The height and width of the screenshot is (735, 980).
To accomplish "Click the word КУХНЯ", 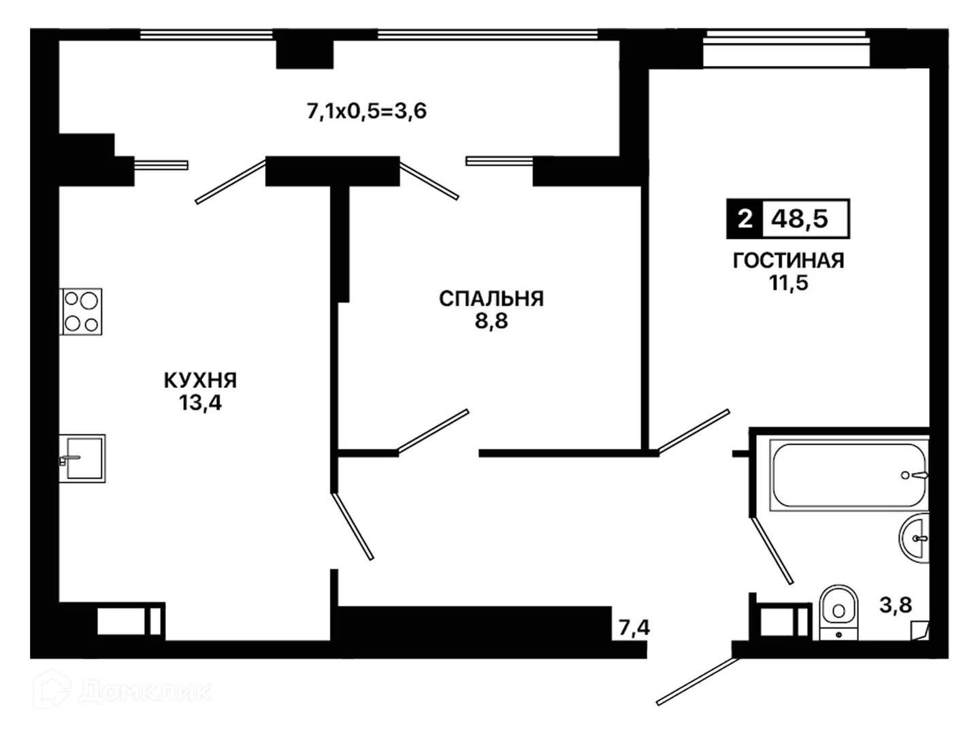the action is click(x=201, y=380).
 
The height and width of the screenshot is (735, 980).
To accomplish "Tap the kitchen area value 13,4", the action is click(x=201, y=403).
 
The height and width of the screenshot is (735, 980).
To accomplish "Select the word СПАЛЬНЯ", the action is click(x=491, y=299).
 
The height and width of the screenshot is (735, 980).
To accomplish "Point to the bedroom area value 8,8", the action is click(x=491, y=321).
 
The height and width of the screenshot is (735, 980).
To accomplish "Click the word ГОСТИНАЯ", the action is click(x=789, y=261).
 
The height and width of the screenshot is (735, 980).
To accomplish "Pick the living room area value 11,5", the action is click(x=789, y=283).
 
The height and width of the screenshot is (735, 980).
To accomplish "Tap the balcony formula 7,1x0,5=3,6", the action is click(x=367, y=111).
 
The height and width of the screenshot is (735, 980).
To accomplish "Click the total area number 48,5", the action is click(x=800, y=219).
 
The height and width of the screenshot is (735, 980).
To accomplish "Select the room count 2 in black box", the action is click(x=745, y=219).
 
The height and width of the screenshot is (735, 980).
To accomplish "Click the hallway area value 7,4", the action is click(x=634, y=627).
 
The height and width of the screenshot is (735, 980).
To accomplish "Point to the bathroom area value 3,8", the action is click(x=896, y=605).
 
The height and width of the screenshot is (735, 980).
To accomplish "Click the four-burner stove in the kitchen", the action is click(x=81, y=312).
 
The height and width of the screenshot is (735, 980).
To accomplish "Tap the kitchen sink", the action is click(x=82, y=458).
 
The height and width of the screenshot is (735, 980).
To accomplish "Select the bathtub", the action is click(x=849, y=475).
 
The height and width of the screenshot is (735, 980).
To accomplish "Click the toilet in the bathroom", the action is click(x=838, y=612).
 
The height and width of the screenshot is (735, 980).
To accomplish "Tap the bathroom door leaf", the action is click(x=772, y=551).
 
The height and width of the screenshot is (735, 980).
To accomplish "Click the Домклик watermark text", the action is click(x=145, y=692).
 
